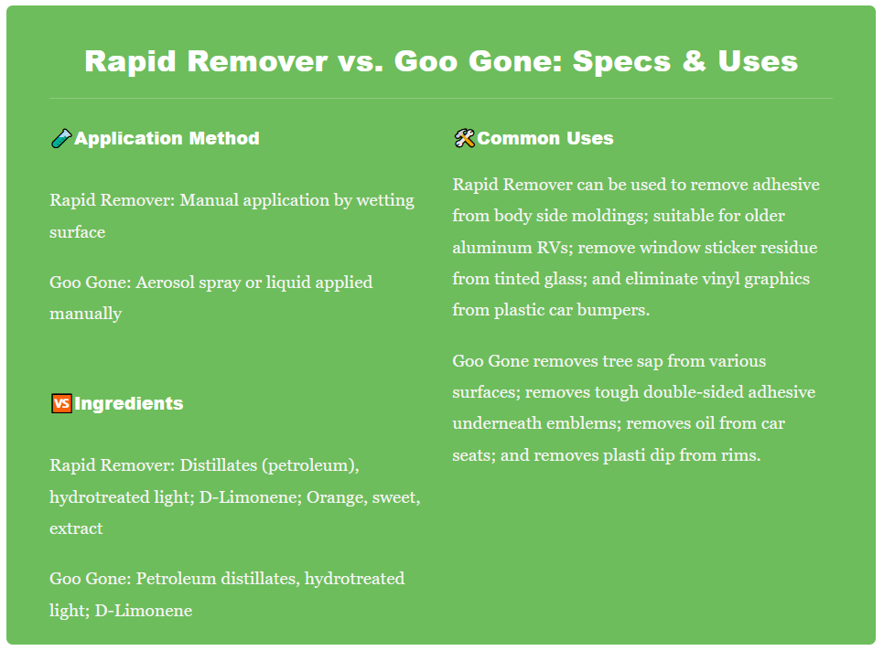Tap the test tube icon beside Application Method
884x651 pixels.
point(60,139)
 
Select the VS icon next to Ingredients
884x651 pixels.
point(60,403)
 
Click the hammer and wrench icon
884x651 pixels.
point(464,139)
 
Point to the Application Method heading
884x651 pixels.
point(167,139)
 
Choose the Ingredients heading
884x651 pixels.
point(129,403)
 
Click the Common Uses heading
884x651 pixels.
point(545,139)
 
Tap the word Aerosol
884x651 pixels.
point(167,282)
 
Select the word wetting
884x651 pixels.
point(387,200)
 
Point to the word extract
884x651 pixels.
point(76,528)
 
